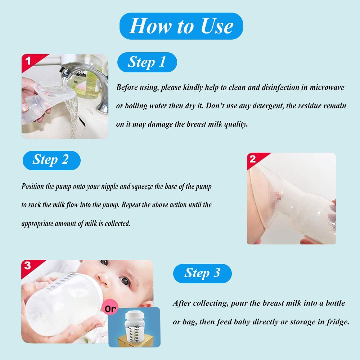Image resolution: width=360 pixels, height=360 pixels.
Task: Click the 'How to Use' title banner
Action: point(181,26)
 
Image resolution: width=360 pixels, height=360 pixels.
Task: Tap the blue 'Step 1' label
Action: point(147,62)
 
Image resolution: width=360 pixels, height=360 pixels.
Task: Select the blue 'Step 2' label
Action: point(51,160)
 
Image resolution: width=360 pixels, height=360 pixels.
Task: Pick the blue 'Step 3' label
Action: point(202,274)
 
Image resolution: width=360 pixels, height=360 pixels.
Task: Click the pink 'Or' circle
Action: point(110,309)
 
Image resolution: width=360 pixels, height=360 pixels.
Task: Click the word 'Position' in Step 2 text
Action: point(33,186)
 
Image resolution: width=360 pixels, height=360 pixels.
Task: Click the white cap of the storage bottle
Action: point(135,315)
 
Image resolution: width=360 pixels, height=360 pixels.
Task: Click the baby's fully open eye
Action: point(125,280)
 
